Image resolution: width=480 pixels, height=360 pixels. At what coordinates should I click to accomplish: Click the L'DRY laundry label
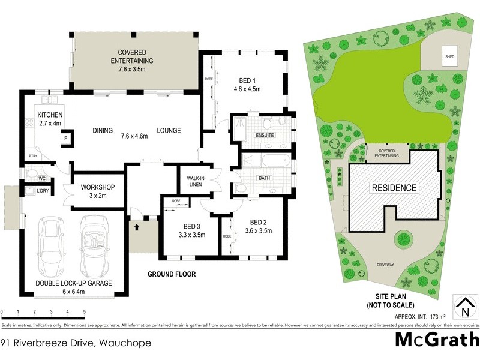point(42,190)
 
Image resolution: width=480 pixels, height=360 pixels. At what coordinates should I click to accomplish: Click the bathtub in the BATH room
point(266,161)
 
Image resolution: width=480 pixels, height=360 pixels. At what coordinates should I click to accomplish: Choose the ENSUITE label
point(265,135)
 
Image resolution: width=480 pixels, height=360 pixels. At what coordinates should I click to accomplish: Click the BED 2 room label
point(258,221)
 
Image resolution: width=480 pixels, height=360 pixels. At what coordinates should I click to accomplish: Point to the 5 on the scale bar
point(85,312)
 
